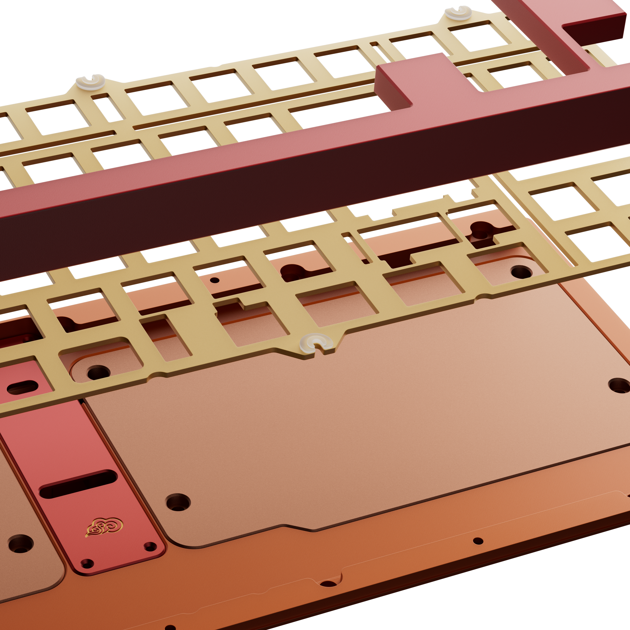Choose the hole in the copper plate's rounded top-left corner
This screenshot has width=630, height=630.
[x=98, y=372]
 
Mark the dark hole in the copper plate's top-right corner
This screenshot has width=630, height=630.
[x=521, y=271]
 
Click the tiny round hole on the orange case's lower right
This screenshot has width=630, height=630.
[x=478, y=541]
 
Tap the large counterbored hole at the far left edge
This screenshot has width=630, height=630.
[x=20, y=543]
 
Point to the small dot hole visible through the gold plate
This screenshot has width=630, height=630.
[x=215, y=280]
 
